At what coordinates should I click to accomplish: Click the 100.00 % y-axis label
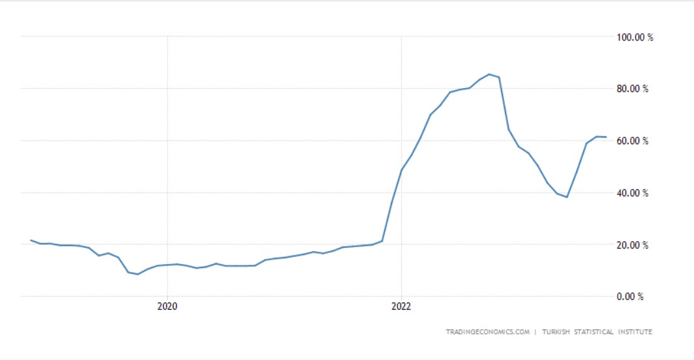pos(635,37)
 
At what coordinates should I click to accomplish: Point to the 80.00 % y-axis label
pos(632,89)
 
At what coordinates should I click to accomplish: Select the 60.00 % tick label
pos(632,141)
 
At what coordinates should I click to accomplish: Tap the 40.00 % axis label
pos(632,193)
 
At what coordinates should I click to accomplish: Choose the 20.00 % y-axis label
pos(632,245)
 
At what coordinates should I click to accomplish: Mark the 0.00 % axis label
pos(629,297)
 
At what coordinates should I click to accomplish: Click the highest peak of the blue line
pos(489,74)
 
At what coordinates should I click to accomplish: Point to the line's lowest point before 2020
pos(138,274)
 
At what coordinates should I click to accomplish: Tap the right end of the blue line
pos(606,137)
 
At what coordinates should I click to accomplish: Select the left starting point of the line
pos(31,240)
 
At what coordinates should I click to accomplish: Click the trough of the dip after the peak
pos(567,197)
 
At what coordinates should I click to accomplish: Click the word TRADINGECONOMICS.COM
pos(487,332)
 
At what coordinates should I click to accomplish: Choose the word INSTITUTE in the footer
pos(635,332)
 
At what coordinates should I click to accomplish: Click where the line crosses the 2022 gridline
pos(402,170)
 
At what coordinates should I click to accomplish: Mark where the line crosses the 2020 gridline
pos(168,265)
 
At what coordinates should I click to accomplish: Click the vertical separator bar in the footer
pos(536,332)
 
